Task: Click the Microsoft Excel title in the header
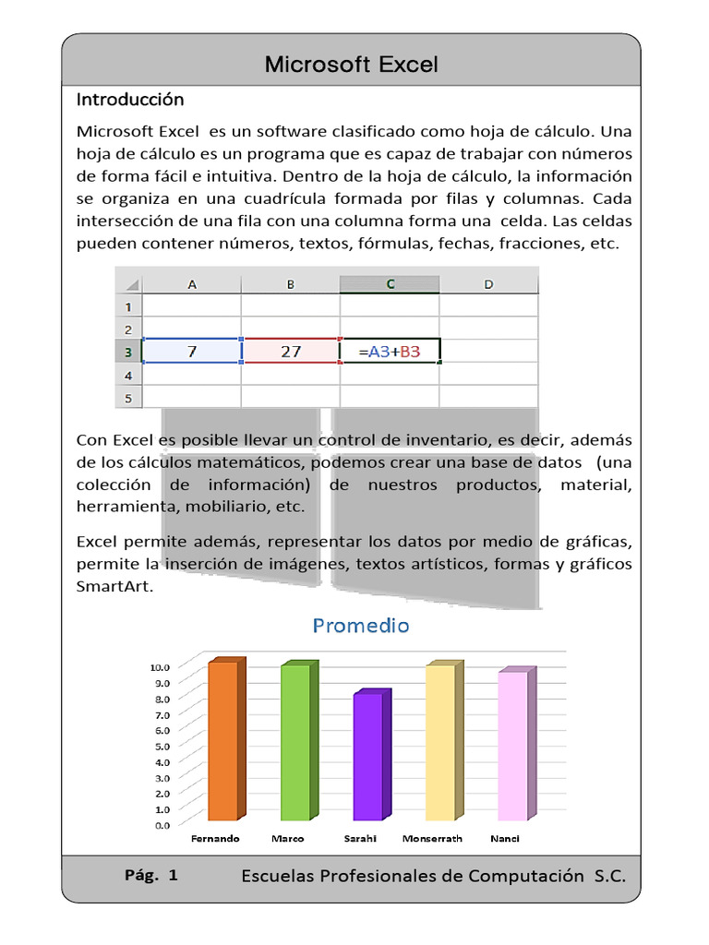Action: [x=351, y=64]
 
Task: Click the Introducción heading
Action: [x=130, y=100]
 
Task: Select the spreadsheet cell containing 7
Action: [x=192, y=352]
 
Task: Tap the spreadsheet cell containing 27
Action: [x=291, y=352]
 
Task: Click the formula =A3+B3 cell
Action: [x=390, y=352]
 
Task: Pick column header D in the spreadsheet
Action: [x=487, y=284]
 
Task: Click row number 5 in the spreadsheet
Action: [x=128, y=398]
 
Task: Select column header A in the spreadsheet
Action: [x=192, y=284]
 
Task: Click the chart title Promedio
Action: [x=361, y=626]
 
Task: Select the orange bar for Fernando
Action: [x=223, y=741]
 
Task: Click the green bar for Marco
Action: [x=295, y=743]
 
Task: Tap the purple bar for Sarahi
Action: [x=367, y=757]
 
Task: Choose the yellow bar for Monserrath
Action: [x=440, y=743]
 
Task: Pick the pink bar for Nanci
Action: [x=512, y=746]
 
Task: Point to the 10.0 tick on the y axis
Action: [x=160, y=666]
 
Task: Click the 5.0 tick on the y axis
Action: [x=162, y=746]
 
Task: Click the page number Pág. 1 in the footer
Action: [x=150, y=876]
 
